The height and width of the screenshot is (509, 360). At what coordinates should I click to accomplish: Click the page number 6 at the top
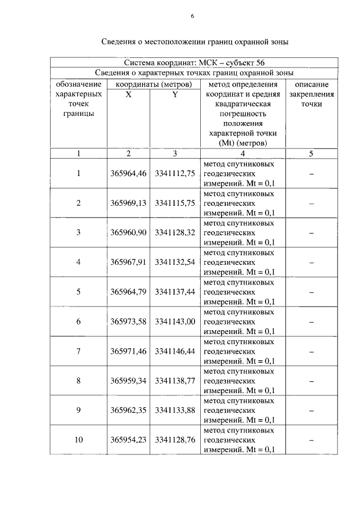click(192, 17)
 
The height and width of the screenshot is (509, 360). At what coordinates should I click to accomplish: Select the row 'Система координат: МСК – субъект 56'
click(193, 62)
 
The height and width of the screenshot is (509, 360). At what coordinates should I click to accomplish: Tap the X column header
click(128, 94)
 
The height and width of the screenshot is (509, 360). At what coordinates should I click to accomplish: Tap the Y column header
click(175, 94)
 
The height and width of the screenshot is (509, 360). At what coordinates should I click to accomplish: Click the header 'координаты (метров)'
click(152, 84)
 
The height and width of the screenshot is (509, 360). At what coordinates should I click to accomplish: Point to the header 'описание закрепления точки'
click(311, 94)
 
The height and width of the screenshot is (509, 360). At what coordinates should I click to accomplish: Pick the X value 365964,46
click(128, 173)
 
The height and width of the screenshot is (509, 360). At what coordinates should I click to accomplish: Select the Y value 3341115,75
click(175, 202)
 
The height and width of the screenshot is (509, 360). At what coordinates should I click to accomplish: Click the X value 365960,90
click(128, 232)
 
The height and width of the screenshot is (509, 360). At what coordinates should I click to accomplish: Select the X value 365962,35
click(128, 410)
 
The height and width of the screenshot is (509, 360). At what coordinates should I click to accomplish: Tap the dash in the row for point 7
click(311, 351)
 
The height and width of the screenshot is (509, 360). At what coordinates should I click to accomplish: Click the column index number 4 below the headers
click(242, 153)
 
